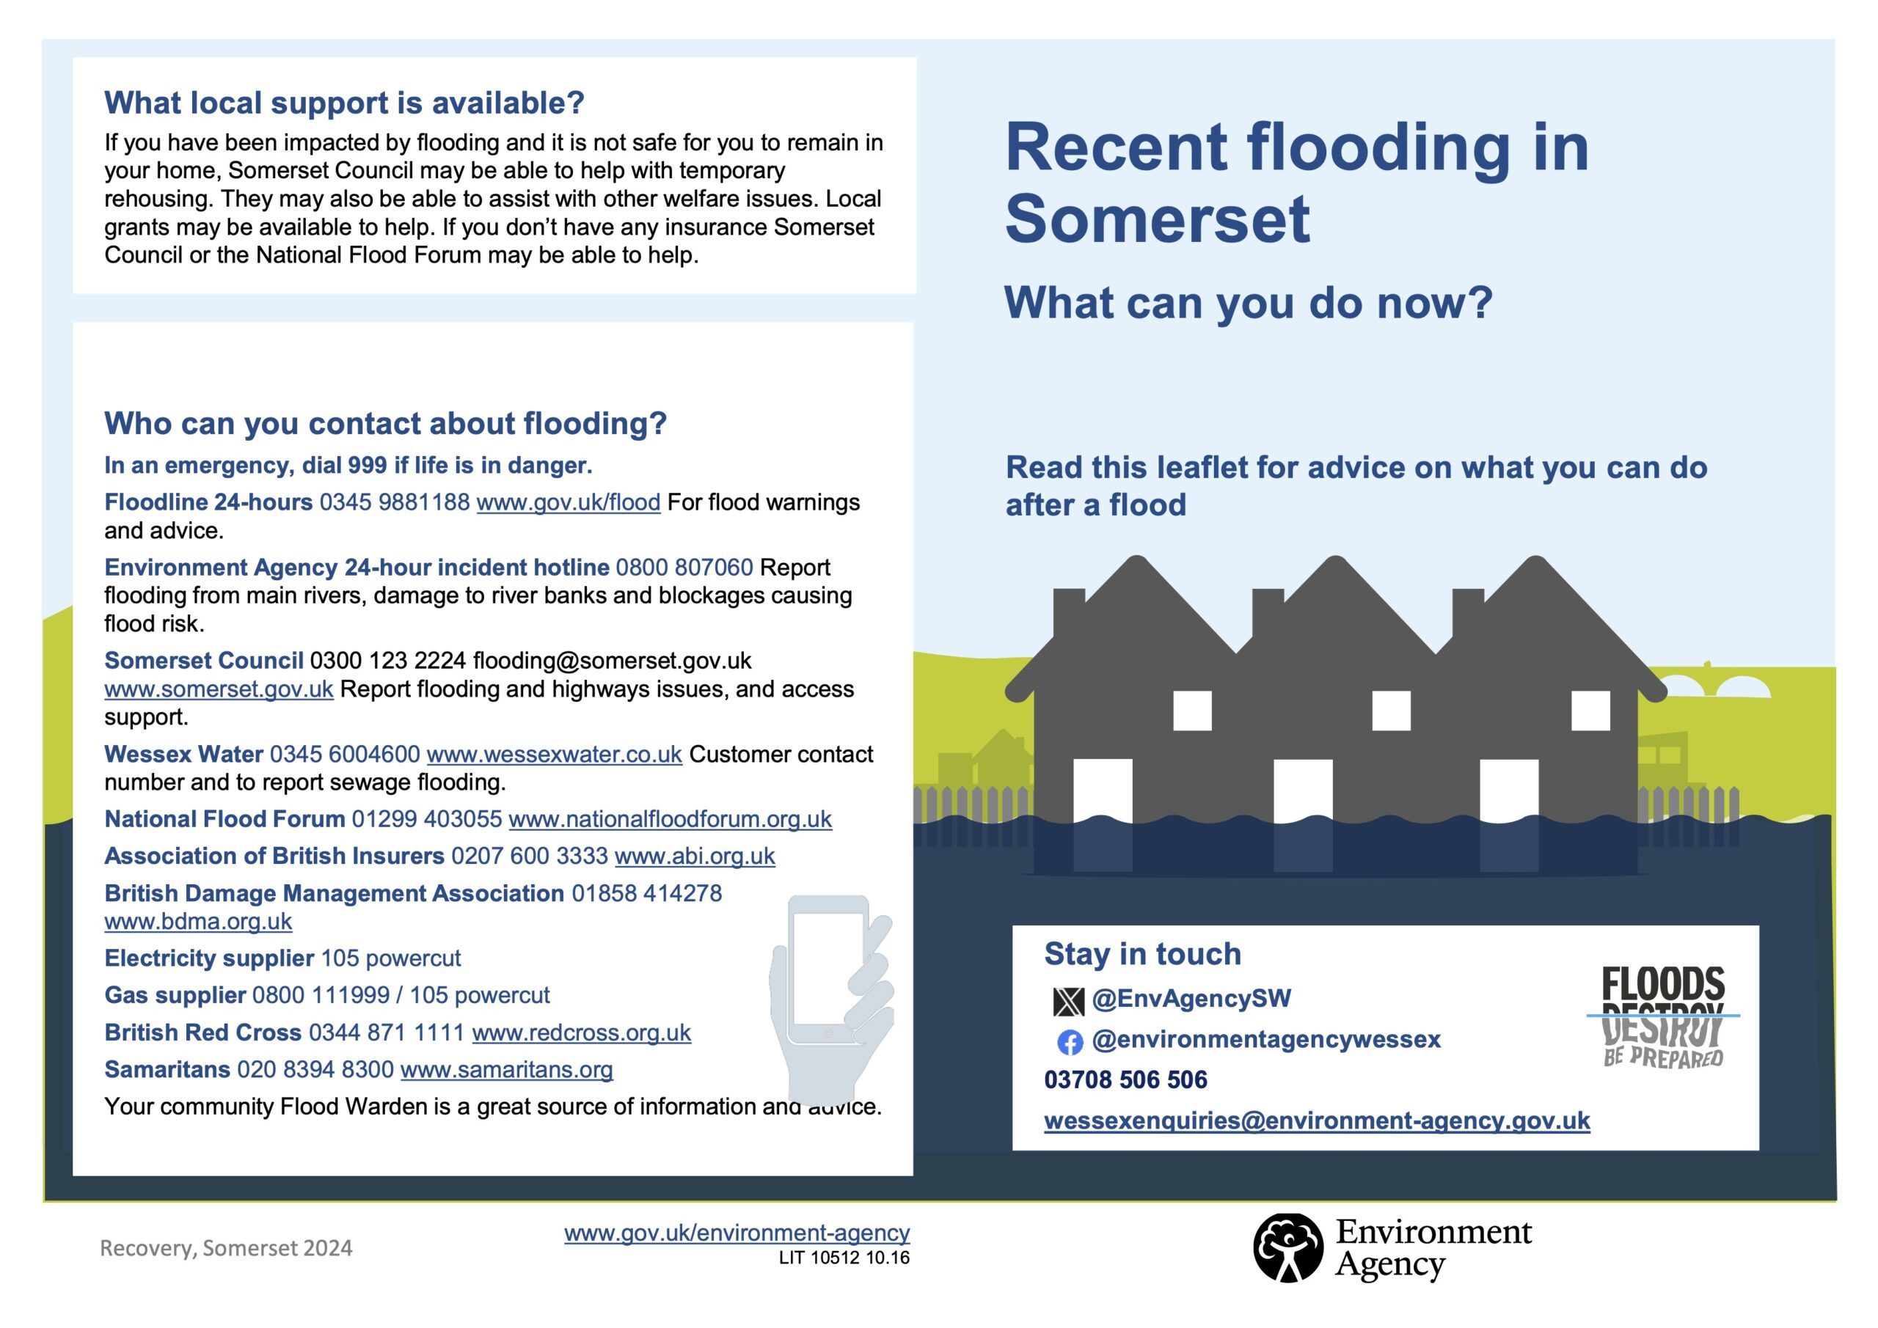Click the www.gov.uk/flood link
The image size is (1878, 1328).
568,502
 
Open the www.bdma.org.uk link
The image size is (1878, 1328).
198,922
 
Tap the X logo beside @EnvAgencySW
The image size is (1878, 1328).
1068,1000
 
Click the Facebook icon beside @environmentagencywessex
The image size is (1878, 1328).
1070,1042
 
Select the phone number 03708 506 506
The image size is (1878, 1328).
1125,1080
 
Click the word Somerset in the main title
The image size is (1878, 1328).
1158,219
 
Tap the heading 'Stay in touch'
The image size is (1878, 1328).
1143,954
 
